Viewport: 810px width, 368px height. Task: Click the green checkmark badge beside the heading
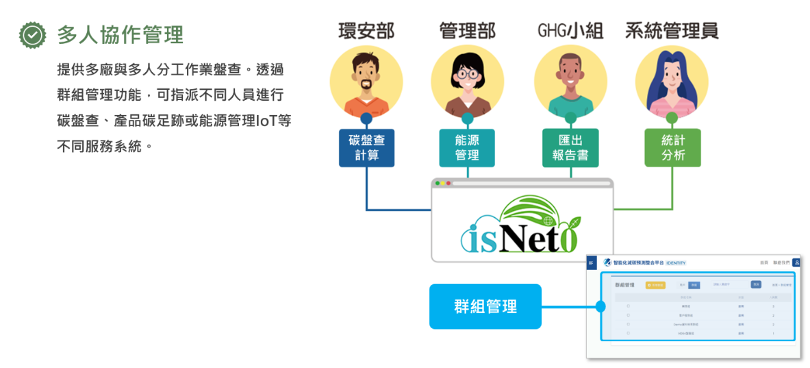(x=32, y=35)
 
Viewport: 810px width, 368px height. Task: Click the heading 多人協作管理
(x=120, y=35)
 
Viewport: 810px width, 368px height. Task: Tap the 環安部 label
(x=366, y=31)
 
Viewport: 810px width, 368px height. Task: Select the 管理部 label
(x=467, y=31)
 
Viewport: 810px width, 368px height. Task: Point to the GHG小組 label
(x=570, y=31)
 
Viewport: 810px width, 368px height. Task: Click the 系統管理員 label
(x=672, y=31)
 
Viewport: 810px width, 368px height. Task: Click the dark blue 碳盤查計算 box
(x=366, y=147)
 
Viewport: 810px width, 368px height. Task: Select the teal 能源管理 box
(x=467, y=147)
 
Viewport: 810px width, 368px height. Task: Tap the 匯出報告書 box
(x=570, y=147)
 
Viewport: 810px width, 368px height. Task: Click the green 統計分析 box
(x=672, y=147)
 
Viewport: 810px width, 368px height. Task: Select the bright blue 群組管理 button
(x=485, y=306)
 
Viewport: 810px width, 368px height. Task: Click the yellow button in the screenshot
(x=655, y=285)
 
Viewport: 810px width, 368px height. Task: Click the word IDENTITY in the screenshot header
(x=675, y=263)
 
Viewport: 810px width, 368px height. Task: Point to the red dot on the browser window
(x=438, y=183)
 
